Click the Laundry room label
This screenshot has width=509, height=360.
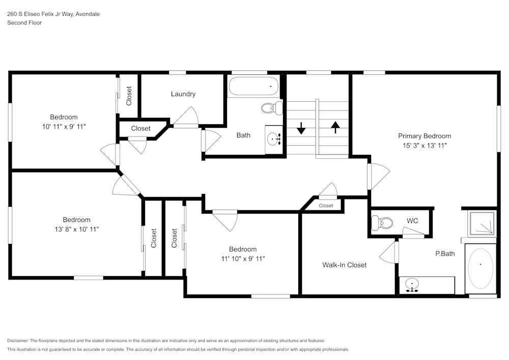183,94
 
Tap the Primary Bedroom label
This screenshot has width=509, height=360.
424,136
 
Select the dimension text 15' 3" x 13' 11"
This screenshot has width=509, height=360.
424,146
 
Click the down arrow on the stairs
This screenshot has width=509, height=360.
301,128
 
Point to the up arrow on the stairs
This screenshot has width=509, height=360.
335,127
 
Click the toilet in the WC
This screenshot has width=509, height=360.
382,223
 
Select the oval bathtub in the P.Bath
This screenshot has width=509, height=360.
480,268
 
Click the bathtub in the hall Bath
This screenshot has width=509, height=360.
253,86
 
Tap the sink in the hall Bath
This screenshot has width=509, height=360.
274,139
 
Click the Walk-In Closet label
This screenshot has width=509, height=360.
344,265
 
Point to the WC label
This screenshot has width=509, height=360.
412,221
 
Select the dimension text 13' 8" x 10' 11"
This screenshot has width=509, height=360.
76,230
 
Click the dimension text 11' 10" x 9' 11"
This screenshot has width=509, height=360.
242,259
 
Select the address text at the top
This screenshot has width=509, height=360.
53,14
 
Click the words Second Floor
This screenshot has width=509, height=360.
24,23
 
